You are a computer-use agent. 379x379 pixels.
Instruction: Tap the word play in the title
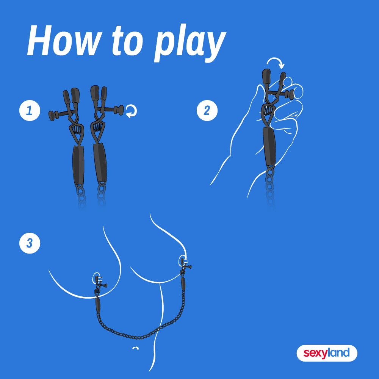[190, 43]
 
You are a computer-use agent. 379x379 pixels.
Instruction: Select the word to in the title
[128, 41]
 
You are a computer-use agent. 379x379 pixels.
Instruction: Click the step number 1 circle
[30, 110]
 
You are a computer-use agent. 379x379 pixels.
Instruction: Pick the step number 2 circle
[207, 110]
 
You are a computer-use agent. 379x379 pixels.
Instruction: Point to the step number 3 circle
[30, 243]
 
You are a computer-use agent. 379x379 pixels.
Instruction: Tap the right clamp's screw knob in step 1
[119, 110]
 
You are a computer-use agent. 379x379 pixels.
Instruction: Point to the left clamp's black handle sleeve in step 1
[78, 165]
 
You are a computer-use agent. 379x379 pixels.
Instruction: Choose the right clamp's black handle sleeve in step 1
[100, 162]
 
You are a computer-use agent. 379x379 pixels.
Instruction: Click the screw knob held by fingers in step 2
[290, 94]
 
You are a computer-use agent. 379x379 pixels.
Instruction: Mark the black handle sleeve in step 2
[269, 146]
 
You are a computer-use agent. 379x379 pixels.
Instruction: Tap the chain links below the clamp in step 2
[270, 186]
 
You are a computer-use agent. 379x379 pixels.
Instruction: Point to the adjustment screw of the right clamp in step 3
[188, 266]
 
